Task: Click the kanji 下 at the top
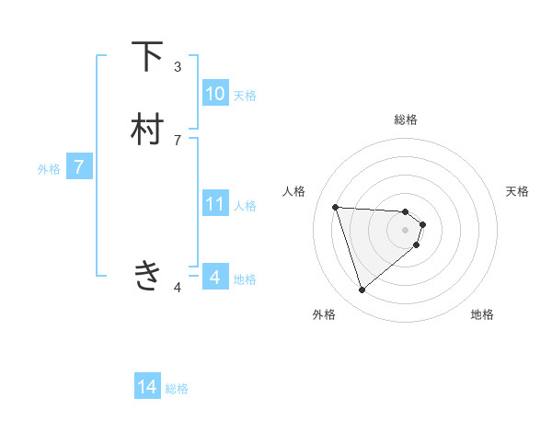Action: point(147,57)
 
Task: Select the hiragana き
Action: point(147,275)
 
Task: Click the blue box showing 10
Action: point(215,94)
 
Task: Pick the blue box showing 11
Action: point(215,204)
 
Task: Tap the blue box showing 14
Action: point(147,387)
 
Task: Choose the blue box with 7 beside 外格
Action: point(80,167)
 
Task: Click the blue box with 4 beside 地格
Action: point(215,277)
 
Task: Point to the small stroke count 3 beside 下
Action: point(178,66)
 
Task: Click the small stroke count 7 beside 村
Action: point(178,140)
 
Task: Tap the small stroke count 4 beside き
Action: point(178,288)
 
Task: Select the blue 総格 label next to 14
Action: point(177,389)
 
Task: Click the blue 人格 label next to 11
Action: point(245,205)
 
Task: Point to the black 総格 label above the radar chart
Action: point(406,119)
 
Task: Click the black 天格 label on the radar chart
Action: point(517,191)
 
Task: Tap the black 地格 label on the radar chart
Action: point(482,314)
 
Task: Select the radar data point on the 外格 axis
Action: point(362,290)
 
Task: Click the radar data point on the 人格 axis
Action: point(336,207)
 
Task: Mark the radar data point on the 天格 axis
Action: point(423,224)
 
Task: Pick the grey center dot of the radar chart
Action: point(406,230)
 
